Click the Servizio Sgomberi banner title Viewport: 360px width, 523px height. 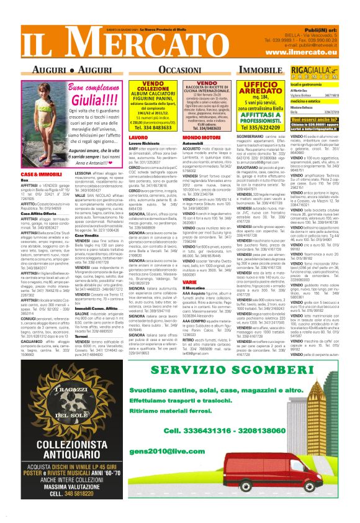pyautogui.click(x=232, y=371)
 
